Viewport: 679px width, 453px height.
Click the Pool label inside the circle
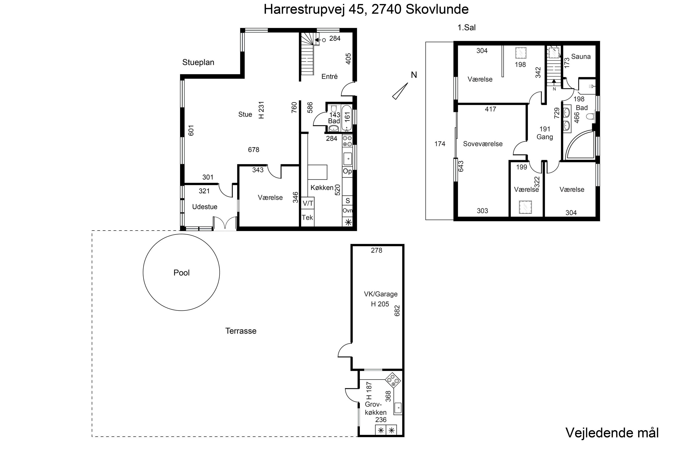coord(181,273)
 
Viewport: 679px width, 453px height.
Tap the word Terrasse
coord(241,331)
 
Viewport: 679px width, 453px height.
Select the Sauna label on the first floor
coord(581,57)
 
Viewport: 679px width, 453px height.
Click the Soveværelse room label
coord(483,144)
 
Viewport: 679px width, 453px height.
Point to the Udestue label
coord(205,207)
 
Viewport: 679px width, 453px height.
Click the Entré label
coord(329,77)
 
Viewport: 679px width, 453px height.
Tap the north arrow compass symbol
coord(400,91)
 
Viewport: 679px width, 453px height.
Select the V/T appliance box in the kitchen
coord(308,203)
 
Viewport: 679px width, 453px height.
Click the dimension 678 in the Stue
coord(253,150)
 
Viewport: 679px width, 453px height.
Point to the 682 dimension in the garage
coord(397,311)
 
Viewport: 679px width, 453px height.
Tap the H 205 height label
coord(380,304)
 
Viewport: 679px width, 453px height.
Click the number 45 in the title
coord(356,9)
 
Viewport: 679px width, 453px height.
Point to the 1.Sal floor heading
coord(466,27)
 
